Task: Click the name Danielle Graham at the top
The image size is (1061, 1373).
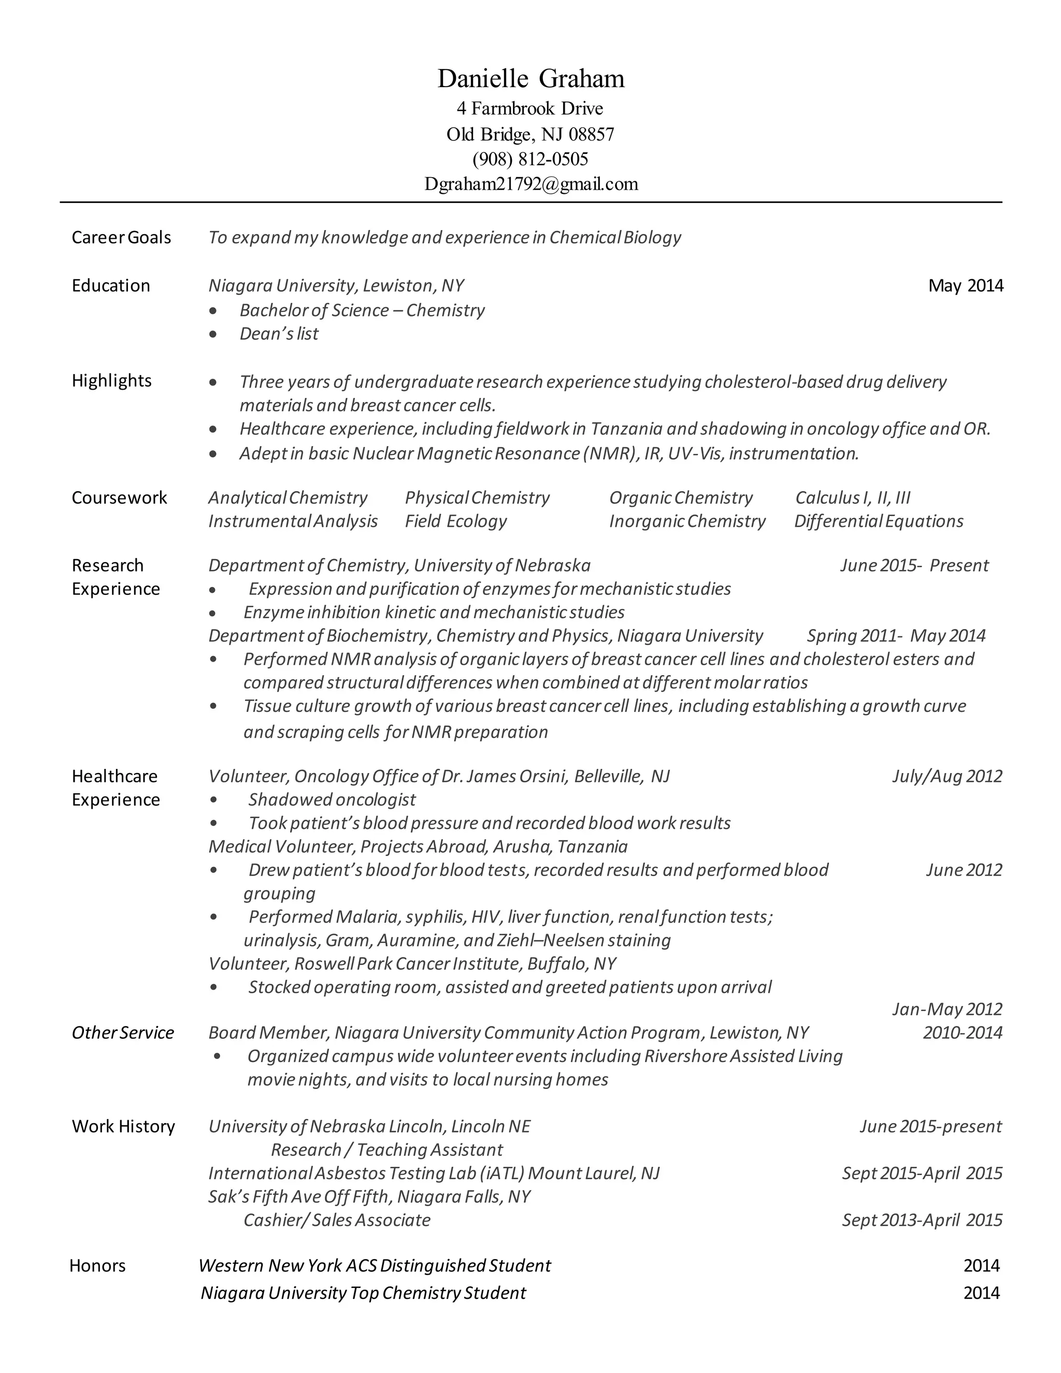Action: click(x=530, y=79)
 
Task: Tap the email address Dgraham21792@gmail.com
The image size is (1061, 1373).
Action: click(x=530, y=184)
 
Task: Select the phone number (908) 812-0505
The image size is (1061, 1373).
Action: click(x=530, y=159)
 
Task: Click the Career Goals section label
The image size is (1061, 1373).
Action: click(x=121, y=238)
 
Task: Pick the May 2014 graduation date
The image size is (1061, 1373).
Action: click(x=966, y=286)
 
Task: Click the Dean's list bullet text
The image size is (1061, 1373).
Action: click(x=279, y=334)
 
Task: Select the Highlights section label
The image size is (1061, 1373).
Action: click(x=112, y=381)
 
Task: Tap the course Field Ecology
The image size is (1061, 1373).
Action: click(x=456, y=521)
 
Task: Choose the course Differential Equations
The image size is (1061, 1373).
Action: click(x=879, y=521)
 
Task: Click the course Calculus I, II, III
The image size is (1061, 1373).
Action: click(x=853, y=498)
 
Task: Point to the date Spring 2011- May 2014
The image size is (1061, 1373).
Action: click(x=896, y=636)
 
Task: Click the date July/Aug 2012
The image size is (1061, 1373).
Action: click(x=947, y=777)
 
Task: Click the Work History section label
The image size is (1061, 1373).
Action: click(x=123, y=1126)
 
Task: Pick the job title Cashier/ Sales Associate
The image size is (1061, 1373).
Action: click(x=337, y=1220)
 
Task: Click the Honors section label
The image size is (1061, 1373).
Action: click(x=97, y=1266)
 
